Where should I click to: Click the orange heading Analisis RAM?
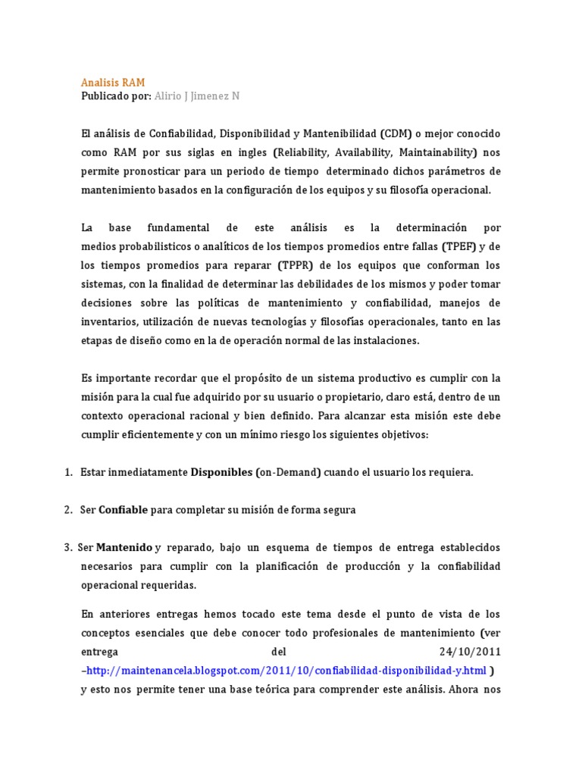point(113,82)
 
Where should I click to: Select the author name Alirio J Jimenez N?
point(196,96)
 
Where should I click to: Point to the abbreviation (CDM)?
point(397,133)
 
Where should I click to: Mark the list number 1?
point(67,472)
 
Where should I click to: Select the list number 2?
point(67,510)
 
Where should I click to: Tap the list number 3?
point(67,547)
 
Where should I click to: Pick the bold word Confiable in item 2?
point(124,510)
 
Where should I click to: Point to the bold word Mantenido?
point(124,547)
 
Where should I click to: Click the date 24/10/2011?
point(470,652)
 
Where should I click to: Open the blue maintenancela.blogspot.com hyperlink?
point(286,671)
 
